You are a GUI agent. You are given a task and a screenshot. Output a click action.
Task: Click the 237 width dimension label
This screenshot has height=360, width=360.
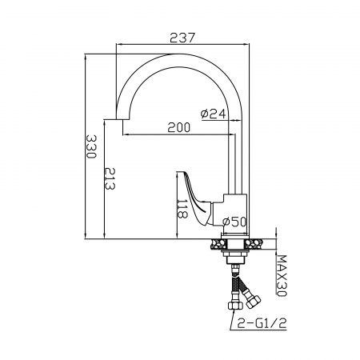[x=182, y=38]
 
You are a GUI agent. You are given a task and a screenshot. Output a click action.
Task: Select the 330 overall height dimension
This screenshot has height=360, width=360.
[x=91, y=146]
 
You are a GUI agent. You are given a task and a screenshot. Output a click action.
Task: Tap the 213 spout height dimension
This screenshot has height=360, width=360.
[x=110, y=178]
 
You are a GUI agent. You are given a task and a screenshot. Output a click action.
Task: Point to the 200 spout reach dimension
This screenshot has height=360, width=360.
[x=179, y=127]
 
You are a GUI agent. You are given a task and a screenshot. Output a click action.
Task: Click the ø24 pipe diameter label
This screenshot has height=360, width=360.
[x=214, y=114]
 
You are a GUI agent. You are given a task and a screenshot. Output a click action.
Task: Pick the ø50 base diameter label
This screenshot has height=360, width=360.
[x=234, y=222]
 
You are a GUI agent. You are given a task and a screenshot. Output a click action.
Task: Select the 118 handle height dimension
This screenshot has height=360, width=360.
[x=182, y=209]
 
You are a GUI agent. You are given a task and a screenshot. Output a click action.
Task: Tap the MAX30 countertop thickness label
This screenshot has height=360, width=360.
[x=281, y=276]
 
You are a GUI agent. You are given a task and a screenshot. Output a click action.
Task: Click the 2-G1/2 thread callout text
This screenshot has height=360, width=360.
[x=262, y=324]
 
